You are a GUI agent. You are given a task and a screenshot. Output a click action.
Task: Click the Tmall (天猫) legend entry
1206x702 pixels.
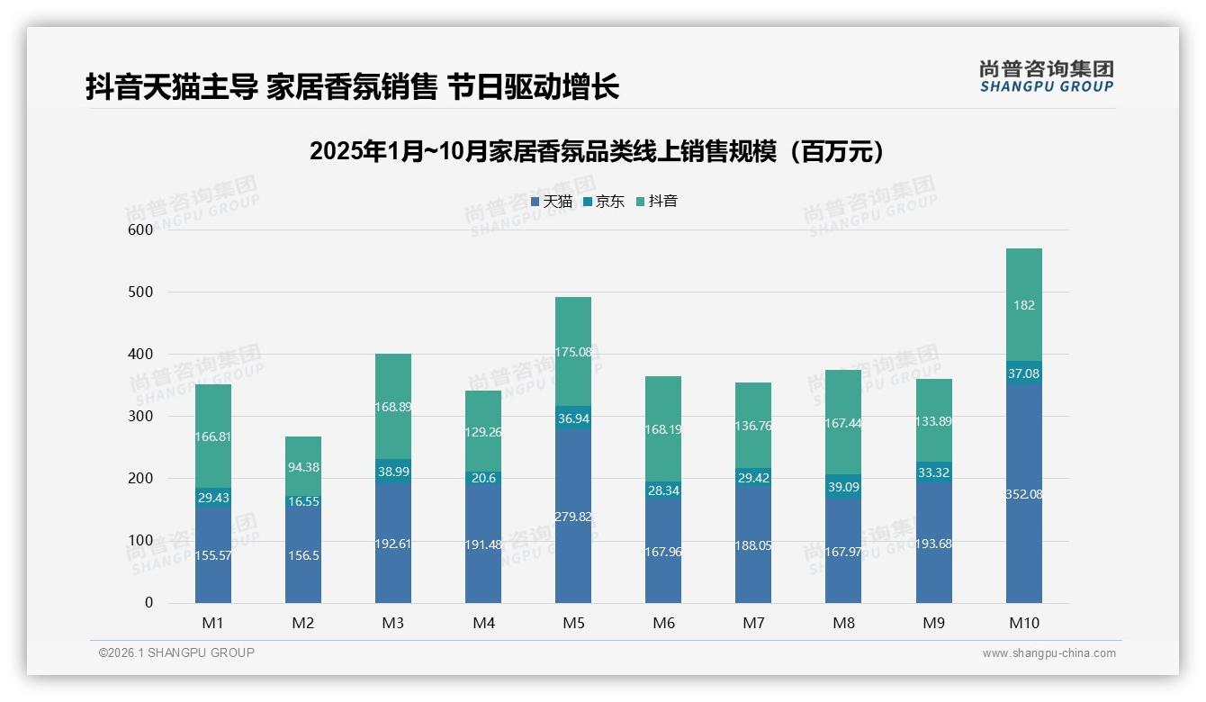551,202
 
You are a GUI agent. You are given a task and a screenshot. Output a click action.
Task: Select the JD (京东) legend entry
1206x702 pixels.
604,202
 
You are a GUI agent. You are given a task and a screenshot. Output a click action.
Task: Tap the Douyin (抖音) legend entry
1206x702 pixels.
657,202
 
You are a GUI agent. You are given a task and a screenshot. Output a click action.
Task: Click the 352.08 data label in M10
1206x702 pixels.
1023,494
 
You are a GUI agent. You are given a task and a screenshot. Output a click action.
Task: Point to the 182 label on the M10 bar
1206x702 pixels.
1023,305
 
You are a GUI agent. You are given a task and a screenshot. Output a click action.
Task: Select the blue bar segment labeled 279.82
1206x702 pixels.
573,517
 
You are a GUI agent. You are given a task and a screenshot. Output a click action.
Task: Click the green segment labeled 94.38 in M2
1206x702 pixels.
303,467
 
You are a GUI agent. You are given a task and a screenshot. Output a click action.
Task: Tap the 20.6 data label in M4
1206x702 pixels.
483,478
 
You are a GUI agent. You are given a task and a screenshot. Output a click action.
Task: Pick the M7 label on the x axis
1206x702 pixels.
753,623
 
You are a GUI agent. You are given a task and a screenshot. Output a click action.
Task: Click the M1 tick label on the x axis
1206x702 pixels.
213,623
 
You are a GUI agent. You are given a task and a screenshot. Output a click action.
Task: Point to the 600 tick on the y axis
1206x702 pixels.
142,229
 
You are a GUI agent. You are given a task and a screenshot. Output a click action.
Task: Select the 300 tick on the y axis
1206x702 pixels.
142,416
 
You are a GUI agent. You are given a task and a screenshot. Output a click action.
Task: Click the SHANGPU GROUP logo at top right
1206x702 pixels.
1046,76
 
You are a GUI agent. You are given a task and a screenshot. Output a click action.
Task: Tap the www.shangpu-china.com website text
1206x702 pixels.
1048,653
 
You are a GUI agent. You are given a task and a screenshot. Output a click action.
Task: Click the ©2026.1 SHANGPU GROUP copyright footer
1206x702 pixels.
176,652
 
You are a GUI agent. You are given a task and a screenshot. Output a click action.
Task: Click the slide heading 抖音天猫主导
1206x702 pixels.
352,87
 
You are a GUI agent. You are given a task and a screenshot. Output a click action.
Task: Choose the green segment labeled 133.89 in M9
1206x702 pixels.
933,421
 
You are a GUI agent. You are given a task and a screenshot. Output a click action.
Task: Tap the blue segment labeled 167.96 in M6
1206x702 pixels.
663,552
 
